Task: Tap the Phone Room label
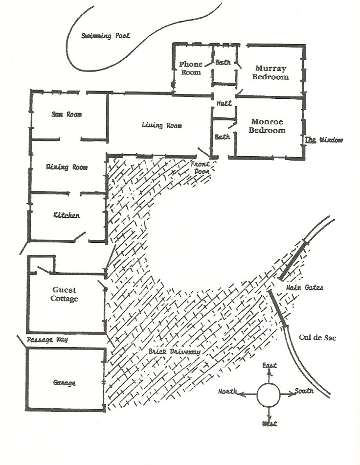[190, 68]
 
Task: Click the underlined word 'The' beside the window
[311, 140]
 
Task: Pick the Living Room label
[161, 125]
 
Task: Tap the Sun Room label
[67, 115]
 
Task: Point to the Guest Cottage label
[64, 294]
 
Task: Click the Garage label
[64, 383]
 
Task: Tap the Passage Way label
[47, 340]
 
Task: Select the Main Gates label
[304, 288]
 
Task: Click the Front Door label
[200, 168]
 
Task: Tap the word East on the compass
[269, 366]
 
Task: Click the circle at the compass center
[268, 395]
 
